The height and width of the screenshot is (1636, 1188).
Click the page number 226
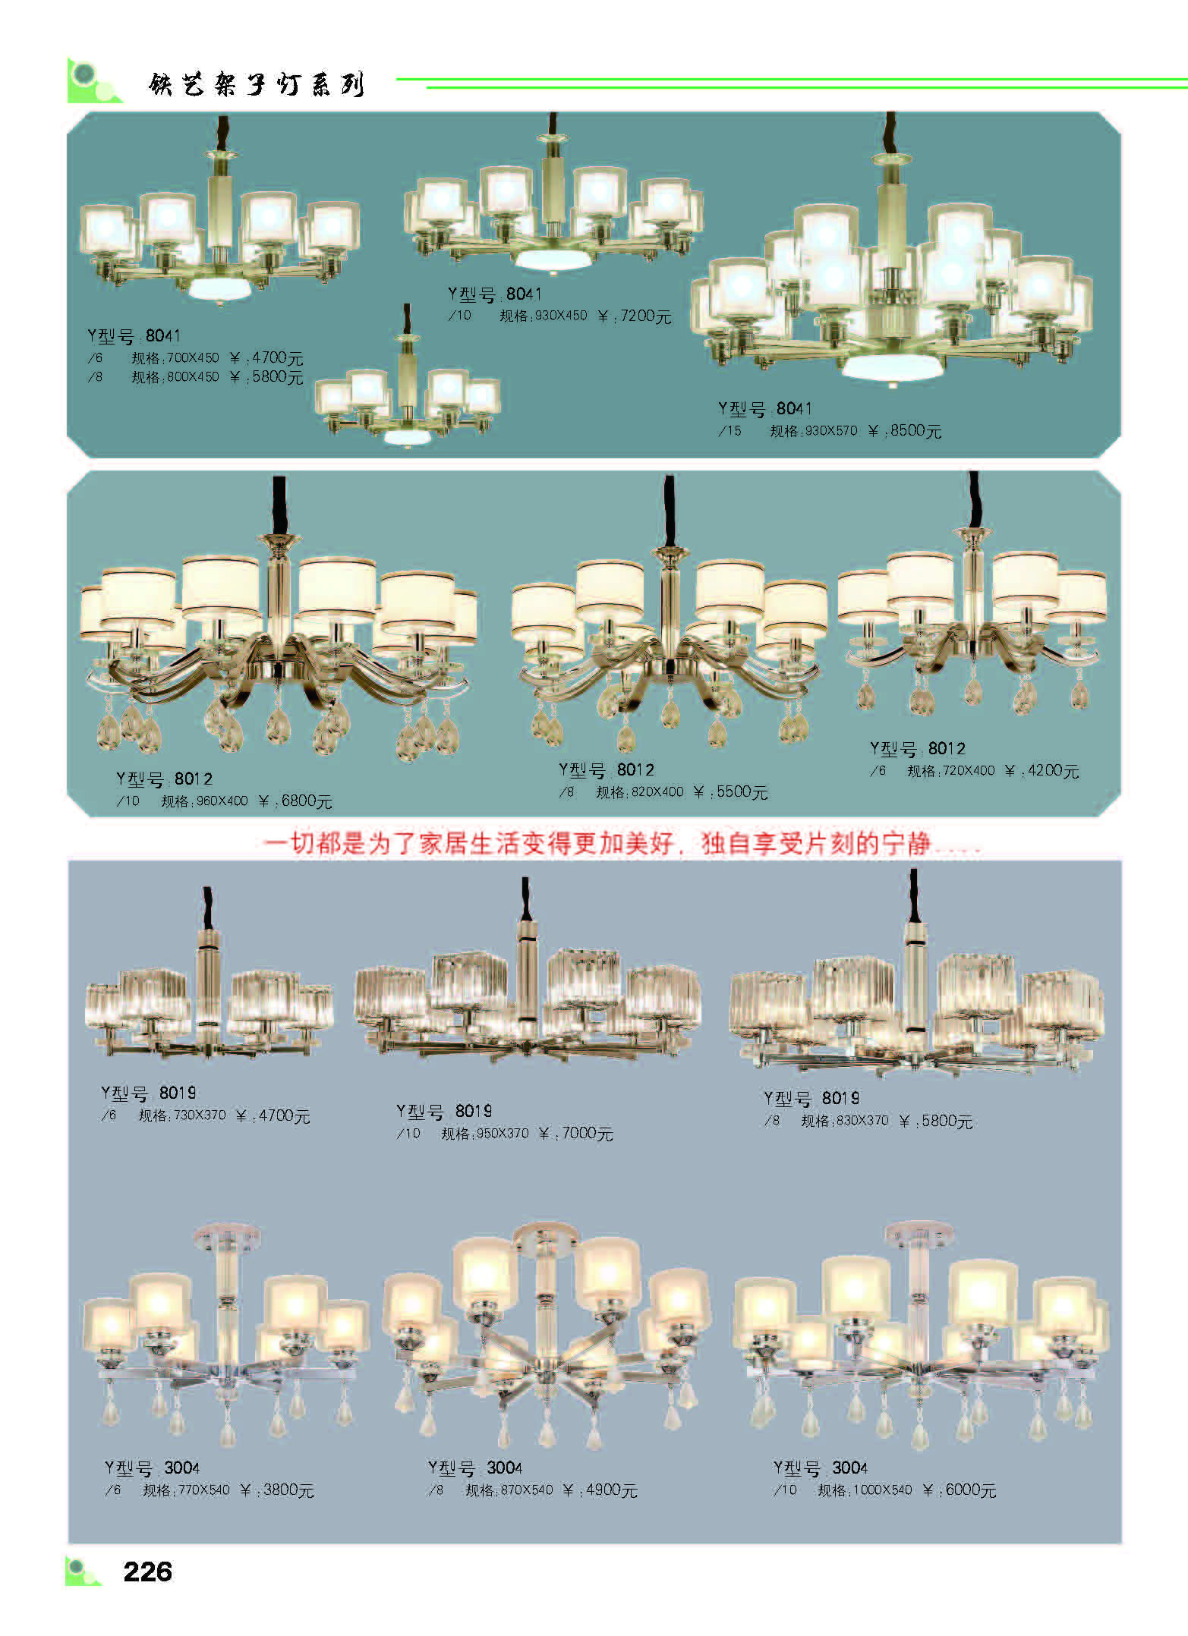pos(147,1571)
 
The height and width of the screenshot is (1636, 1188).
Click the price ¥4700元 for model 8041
pos(266,358)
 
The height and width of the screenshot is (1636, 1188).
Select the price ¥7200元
pos(635,316)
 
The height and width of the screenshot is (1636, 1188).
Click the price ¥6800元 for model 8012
pos(295,801)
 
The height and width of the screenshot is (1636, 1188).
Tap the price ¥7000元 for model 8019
pos(575,1134)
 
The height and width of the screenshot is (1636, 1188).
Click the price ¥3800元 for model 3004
pos(277,1490)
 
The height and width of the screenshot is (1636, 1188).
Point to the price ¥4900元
pos(600,1490)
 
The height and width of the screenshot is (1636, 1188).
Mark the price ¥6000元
pos(959,1490)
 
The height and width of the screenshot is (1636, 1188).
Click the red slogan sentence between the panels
pos(621,844)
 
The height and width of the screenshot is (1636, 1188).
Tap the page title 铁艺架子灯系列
pos(257,84)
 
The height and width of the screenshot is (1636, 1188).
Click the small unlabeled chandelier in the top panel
pos(408,379)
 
